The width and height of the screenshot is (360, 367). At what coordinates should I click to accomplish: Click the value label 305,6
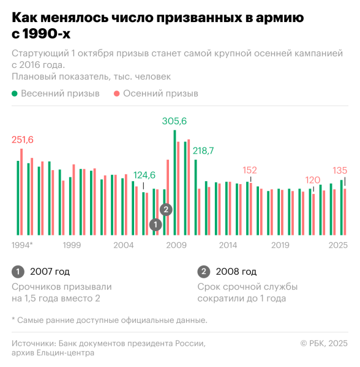174,121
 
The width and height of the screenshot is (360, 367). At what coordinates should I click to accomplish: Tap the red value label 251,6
22,140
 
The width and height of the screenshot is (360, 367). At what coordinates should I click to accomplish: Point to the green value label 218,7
203,150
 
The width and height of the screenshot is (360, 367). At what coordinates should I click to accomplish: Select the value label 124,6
144,174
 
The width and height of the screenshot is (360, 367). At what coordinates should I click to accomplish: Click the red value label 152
250,170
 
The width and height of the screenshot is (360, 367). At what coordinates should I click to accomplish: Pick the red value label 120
313,180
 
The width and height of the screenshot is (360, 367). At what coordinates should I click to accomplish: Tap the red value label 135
340,170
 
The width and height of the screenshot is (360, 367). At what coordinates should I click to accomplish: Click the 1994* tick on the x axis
22,245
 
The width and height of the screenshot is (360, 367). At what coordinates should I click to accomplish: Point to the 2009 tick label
176,245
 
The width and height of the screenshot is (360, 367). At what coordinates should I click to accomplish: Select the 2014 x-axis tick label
228,245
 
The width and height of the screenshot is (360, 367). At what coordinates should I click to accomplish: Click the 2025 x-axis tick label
338,245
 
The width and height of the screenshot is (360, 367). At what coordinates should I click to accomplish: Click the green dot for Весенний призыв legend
15,94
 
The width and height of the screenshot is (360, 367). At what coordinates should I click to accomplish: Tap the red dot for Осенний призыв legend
117,94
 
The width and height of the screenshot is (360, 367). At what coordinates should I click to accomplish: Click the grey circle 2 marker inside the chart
166,210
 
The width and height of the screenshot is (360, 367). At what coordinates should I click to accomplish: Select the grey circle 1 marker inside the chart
156,224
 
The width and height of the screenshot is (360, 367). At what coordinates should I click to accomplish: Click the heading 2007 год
50,272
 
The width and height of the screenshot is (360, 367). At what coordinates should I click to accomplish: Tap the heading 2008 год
236,272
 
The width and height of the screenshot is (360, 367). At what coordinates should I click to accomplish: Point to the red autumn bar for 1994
21,191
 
